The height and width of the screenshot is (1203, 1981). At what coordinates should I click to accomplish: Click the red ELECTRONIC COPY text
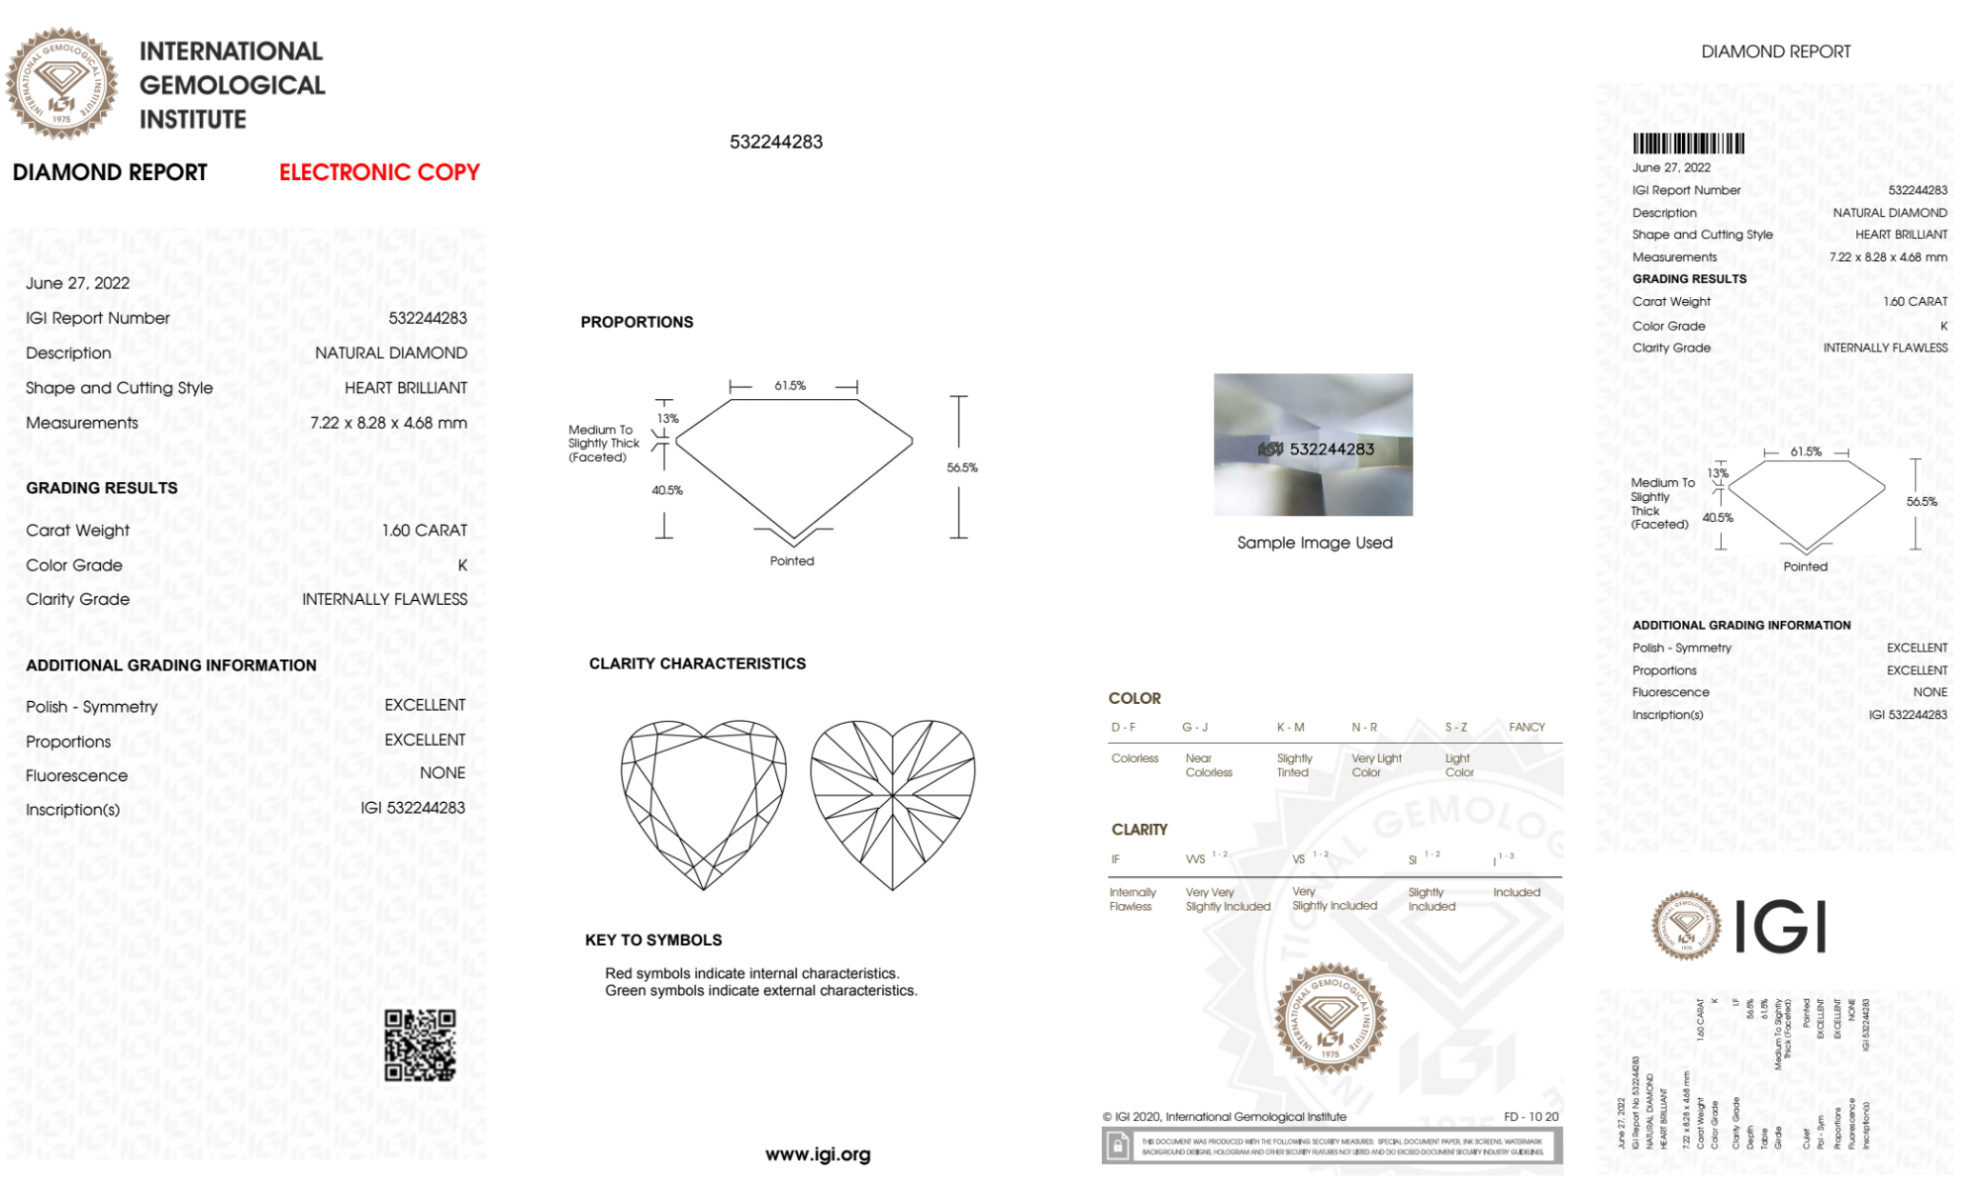[379, 172]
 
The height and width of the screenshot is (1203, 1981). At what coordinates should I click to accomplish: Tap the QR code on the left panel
[420, 1046]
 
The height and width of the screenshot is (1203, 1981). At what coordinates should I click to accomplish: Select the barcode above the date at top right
[1688, 144]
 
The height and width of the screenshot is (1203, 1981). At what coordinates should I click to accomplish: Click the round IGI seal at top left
[61, 83]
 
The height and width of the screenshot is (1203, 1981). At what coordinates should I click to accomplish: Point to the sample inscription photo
[1313, 445]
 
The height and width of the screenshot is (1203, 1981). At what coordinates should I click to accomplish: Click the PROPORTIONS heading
[637, 322]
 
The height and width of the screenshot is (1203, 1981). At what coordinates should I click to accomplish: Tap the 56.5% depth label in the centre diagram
[961, 467]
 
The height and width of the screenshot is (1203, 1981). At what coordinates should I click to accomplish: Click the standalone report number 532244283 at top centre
[776, 142]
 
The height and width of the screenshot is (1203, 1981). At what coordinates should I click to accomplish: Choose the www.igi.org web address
[818, 1153]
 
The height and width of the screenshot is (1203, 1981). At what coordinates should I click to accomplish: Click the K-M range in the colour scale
[1290, 727]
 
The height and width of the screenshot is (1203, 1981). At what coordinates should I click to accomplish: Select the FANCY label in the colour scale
[1527, 727]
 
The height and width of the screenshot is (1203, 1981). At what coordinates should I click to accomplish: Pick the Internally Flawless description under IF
[1132, 899]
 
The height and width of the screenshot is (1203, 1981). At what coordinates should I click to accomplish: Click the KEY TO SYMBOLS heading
[653, 940]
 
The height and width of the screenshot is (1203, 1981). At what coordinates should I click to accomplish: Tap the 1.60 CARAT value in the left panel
[425, 530]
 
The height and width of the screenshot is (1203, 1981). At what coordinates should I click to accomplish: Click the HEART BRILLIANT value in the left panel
[406, 387]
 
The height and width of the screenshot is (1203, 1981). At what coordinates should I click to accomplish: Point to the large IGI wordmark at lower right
[1781, 927]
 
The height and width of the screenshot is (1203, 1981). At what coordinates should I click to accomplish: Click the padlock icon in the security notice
[1118, 1147]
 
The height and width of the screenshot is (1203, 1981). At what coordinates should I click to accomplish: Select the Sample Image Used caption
[1315, 543]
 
